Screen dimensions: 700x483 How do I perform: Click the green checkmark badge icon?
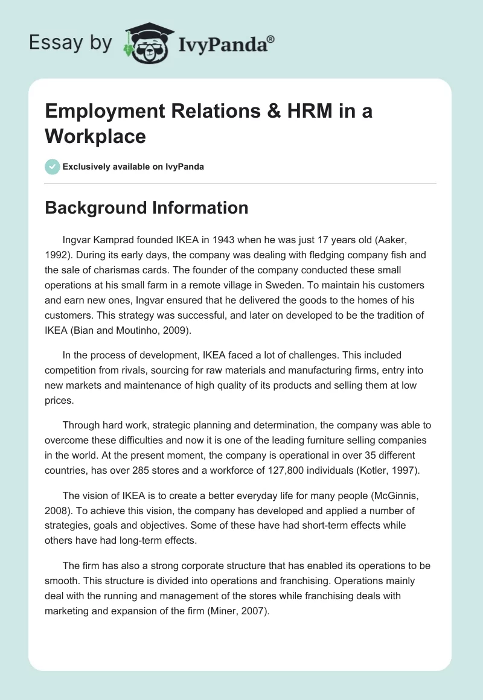[x=53, y=167]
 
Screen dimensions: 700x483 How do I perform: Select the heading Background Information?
[x=147, y=208]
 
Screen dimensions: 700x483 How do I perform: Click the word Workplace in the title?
[x=95, y=136]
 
